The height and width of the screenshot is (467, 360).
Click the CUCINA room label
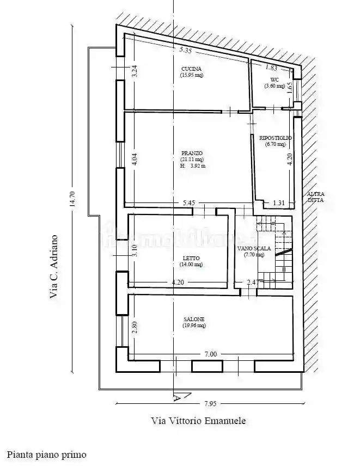point(192,69)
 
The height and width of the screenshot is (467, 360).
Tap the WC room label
point(274,79)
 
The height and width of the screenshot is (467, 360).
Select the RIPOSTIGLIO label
point(276,138)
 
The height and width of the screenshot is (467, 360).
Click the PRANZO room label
point(192,153)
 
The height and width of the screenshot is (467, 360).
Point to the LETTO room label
point(191,258)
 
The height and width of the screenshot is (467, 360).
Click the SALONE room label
point(194,319)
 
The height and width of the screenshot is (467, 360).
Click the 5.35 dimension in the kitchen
point(186,50)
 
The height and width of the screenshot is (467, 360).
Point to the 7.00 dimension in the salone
point(211,354)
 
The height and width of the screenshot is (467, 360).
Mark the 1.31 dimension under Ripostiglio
point(278,203)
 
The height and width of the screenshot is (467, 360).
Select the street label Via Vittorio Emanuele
point(198,421)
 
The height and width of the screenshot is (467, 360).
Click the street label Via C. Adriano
point(53,267)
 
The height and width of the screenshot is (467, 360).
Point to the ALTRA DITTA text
point(315,197)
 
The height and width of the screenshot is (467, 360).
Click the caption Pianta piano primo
point(47,454)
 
